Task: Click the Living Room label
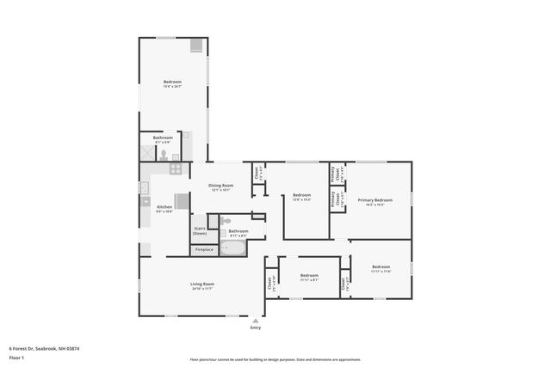pos(202,285)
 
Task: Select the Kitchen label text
pos(164,208)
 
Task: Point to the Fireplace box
pos(204,249)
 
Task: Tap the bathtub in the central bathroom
pos(232,248)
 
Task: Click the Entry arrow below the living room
pos(255,320)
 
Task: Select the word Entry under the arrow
pos(255,327)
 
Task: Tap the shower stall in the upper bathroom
pos(147,153)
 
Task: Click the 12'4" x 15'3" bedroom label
pos(301,197)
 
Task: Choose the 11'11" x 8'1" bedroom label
pos(309,278)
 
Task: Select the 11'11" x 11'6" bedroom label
pos(381,268)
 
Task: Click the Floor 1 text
pos(16,358)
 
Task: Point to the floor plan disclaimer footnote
pos(275,359)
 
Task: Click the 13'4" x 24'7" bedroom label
pos(172,83)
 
